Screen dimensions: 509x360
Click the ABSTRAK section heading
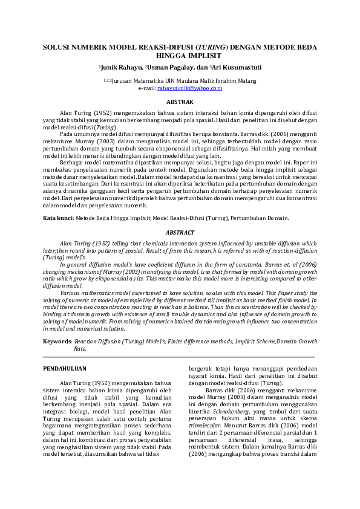(x=180, y=103)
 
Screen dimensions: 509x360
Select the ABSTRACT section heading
(x=180, y=233)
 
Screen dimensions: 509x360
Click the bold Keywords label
(x=57, y=342)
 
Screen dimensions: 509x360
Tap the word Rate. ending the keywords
(x=80, y=349)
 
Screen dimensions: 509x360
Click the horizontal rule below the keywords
(x=180, y=357)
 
